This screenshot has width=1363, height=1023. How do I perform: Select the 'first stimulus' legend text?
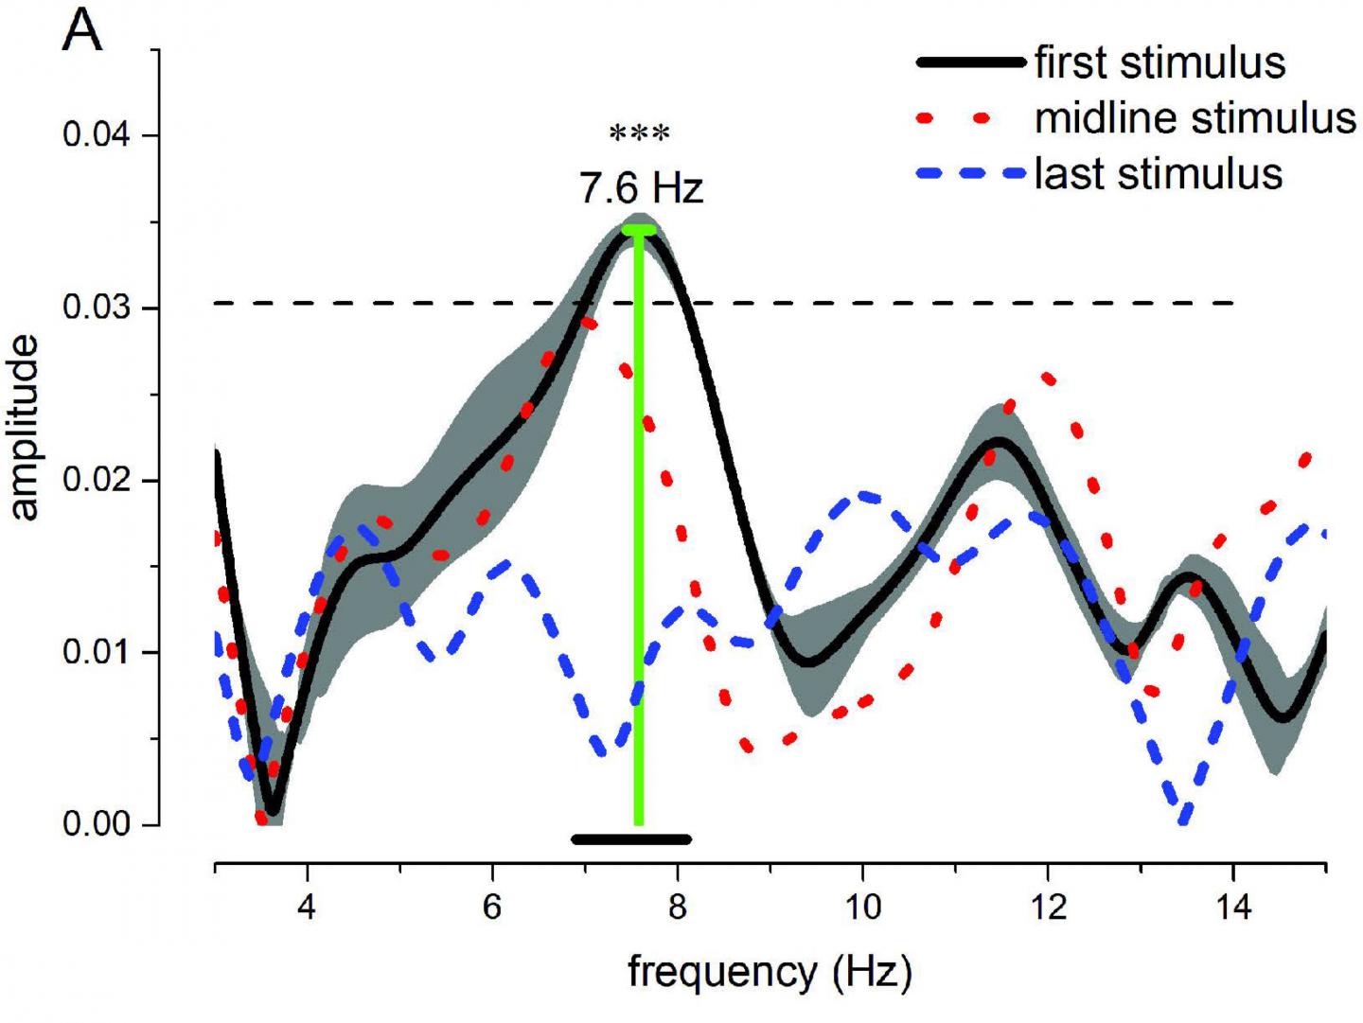tap(1159, 63)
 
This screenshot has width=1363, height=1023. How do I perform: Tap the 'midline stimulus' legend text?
tap(1195, 118)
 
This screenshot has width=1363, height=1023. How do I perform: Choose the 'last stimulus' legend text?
tap(1158, 174)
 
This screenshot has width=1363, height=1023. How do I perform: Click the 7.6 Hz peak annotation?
tap(641, 188)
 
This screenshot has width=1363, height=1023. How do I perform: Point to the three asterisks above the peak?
tap(640, 134)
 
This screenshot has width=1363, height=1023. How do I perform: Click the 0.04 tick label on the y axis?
tap(96, 134)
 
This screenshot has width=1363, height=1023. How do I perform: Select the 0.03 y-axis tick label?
tap(96, 309)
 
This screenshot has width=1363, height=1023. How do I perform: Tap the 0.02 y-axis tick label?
tap(96, 480)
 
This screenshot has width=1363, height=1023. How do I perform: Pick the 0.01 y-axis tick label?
tap(96, 653)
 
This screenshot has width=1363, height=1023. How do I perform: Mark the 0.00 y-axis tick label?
tap(96, 824)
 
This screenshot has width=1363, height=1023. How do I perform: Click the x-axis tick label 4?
tap(307, 908)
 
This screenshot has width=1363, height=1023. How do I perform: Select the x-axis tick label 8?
tap(677, 908)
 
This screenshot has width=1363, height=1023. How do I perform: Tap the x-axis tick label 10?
tap(861, 908)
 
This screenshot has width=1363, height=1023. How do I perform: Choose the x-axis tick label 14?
tap(1233, 908)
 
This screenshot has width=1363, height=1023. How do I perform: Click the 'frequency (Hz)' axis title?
tap(769, 972)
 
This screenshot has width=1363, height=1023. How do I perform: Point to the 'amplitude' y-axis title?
tap(26, 428)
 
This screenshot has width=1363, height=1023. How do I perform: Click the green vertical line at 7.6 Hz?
tap(639, 530)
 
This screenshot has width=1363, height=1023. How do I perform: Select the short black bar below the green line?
tap(631, 839)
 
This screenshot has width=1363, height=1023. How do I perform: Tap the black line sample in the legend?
tap(971, 63)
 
